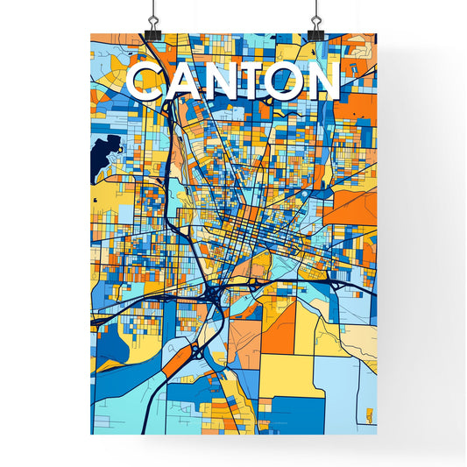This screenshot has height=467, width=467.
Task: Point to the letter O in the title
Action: click(285, 81)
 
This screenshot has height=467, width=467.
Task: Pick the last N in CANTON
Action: click(321, 81)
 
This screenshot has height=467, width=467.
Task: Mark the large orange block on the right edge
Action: click(356, 207)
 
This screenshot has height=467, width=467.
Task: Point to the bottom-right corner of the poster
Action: click(375, 433)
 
